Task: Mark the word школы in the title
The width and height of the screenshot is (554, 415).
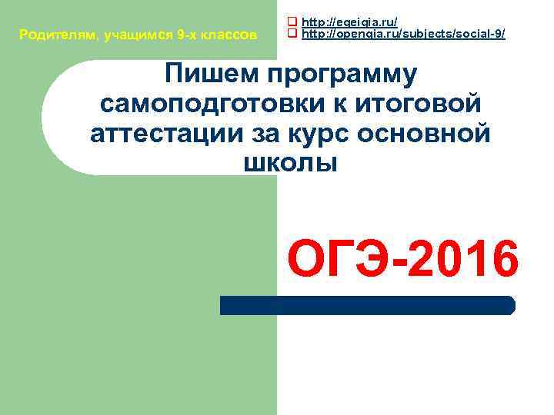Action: point(290,161)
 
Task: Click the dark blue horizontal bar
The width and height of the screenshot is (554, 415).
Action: point(367,305)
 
